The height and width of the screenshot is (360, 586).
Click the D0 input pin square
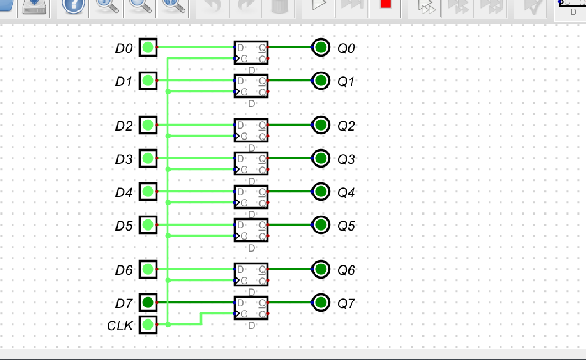click(148, 47)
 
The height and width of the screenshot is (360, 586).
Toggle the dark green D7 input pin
click(148, 303)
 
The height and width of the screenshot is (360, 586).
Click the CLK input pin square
click(148, 325)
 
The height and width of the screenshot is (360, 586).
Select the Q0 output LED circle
click(321, 47)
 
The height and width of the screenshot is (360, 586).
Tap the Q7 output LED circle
click(321, 303)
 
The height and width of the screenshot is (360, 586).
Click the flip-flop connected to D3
click(251, 164)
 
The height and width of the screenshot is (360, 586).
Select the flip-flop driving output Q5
click(251, 230)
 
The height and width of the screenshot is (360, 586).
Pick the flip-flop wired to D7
click(251, 308)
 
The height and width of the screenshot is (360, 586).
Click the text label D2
click(124, 126)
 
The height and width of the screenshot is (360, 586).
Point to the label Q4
click(346, 192)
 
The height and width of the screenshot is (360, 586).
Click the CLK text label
click(120, 325)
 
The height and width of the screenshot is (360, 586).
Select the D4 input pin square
click(148, 192)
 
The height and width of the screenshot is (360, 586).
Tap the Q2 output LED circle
click(321, 125)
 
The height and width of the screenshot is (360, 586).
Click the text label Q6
click(346, 270)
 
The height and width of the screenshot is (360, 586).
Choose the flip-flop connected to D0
click(251, 53)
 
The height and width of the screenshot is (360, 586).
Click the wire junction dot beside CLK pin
click(168, 325)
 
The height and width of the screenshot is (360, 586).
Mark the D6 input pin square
click(148, 269)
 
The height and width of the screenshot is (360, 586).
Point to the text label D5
click(124, 226)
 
